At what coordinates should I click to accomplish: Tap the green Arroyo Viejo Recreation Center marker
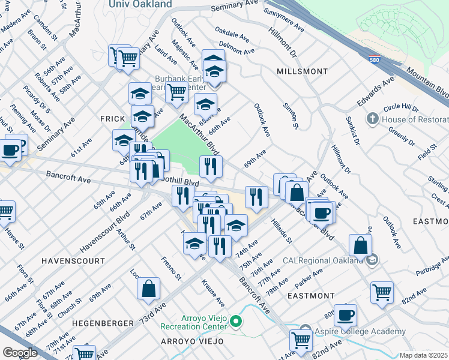coord(236,322)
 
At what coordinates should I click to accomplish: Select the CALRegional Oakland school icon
coord(372,260)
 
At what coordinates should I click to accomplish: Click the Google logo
coord(20,352)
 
